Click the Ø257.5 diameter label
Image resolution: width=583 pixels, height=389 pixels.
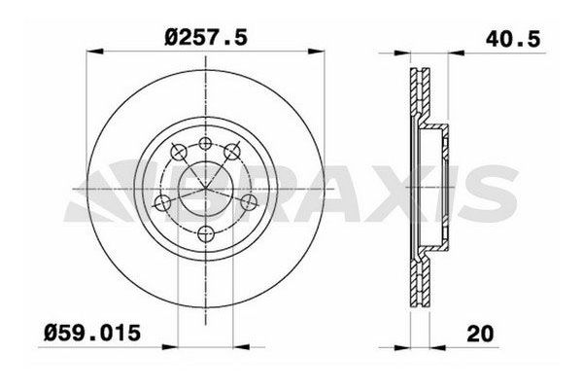click(x=206, y=37)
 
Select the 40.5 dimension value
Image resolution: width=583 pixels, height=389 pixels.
click(x=513, y=39)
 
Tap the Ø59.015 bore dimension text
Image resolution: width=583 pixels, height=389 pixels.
click(x=92, y=333)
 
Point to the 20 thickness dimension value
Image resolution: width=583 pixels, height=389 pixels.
click(x=480, y=334)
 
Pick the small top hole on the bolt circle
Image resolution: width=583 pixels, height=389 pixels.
click(x=206, y=143)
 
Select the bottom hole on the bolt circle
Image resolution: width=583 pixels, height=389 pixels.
click(x=206, y=234)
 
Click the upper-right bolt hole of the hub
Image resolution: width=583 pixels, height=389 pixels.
click(x=232, y=151)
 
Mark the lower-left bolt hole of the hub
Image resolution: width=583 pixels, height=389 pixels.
click(x=162, y=203)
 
